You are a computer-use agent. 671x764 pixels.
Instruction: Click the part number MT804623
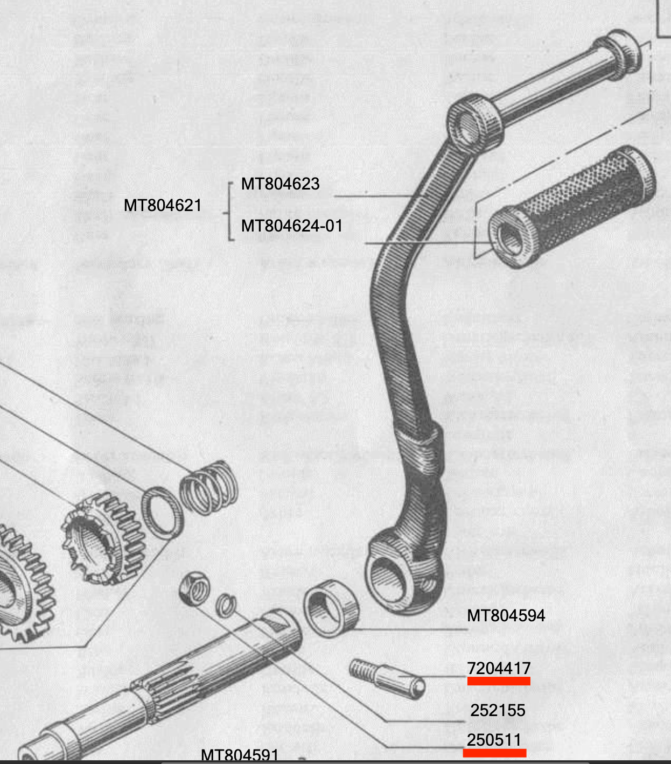280,184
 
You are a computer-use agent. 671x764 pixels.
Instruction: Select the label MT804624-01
291,226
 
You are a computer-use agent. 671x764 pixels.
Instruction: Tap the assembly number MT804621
162,206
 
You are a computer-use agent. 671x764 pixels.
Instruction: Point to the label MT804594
506,615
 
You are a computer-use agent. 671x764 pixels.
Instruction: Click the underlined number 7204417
499,668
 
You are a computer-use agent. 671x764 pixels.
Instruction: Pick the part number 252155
498,710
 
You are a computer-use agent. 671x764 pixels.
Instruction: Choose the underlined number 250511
494,740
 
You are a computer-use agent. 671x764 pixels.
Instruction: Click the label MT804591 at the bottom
240,755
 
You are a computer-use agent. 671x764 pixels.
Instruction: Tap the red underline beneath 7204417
499,681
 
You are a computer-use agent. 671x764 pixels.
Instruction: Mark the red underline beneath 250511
494,752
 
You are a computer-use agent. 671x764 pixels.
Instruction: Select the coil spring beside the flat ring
208,487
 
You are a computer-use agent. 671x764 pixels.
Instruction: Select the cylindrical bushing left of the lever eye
331,608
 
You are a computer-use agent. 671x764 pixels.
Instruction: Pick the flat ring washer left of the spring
162,513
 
